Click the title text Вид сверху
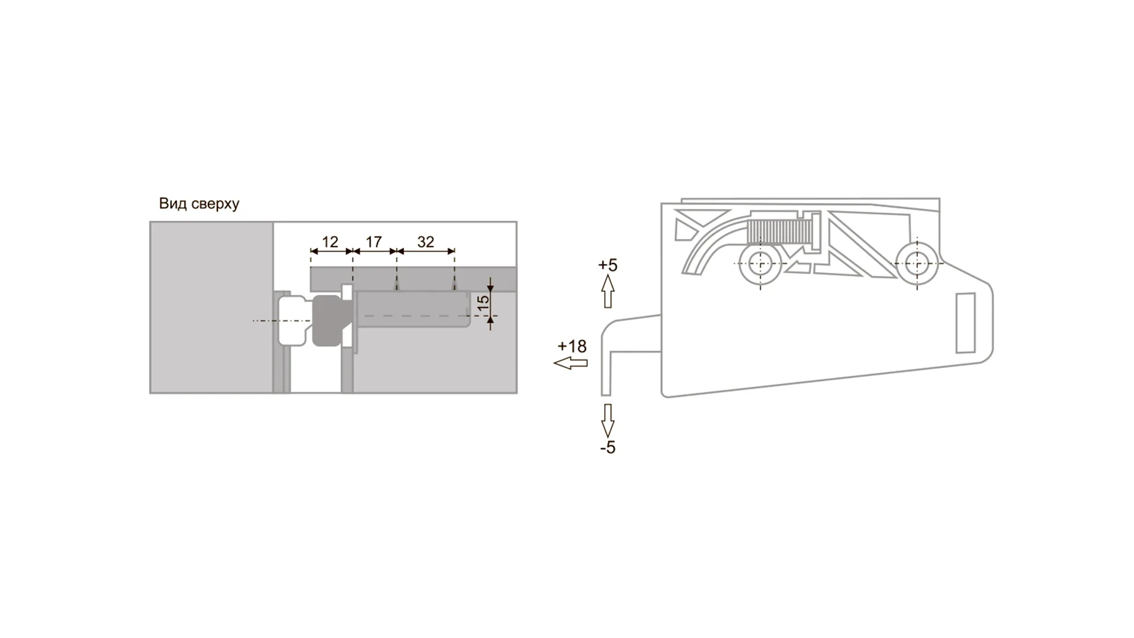tap(199, 204)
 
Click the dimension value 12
tap(330, 242)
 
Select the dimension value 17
tap(374, 242)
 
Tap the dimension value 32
tap(425, 242)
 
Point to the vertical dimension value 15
tap(483, 303)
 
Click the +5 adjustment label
tap(608, 265)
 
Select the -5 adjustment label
tap(608, 448)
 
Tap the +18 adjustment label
tap(572, 346)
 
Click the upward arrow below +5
tap(608, 292)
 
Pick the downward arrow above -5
tap(608, 421)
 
